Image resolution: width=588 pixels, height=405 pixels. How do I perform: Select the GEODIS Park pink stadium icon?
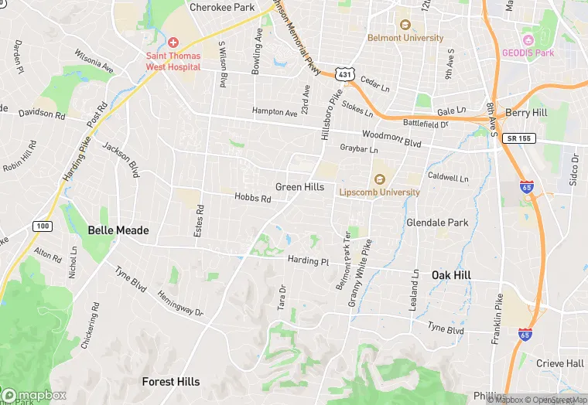click(x=528, y=39)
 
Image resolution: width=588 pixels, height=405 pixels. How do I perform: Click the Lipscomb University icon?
click(x=379, y=179)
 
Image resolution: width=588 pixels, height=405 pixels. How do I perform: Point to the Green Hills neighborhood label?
click(x=299, y=187)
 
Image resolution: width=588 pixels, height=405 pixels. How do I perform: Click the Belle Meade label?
click(x=118, y=230)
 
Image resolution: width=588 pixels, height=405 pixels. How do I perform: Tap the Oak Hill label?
click(x=451, y=275)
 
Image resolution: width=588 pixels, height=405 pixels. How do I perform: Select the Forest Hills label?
click(x=171, y=381)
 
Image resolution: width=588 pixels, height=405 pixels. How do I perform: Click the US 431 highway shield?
click(x=344, y=74)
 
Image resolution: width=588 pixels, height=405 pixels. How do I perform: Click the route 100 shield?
click(x=43, y=226)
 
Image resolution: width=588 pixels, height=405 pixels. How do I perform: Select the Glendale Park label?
click(x=437, y=223)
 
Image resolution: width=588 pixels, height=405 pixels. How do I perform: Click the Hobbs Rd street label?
click(x=253, y=199)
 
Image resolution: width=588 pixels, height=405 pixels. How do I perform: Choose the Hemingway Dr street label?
click(x=179, y=302)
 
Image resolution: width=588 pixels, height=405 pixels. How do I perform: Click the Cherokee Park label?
click(x=222, y=7)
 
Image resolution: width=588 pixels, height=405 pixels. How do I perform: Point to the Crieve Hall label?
click(x=559, y=363)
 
